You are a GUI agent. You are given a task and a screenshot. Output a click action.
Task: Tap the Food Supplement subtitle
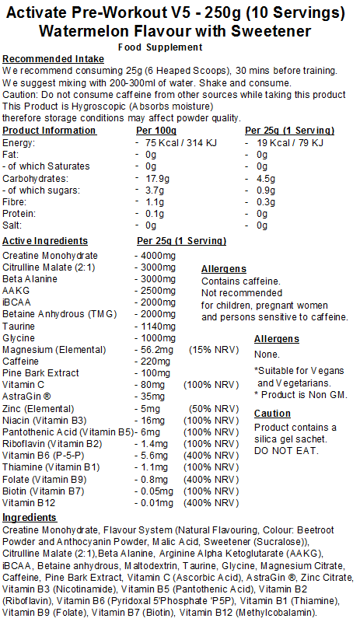click(180, 47)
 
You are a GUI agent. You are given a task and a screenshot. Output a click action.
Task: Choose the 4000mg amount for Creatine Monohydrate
click(160, 256)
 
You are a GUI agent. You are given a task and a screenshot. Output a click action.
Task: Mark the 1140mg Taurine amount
click(160, 327)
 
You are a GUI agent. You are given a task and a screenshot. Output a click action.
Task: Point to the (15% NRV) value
click(214, 351)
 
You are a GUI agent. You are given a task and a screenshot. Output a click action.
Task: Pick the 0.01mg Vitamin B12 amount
click(158, 503)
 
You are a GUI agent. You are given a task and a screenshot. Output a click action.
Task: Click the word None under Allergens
click(267, 355)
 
